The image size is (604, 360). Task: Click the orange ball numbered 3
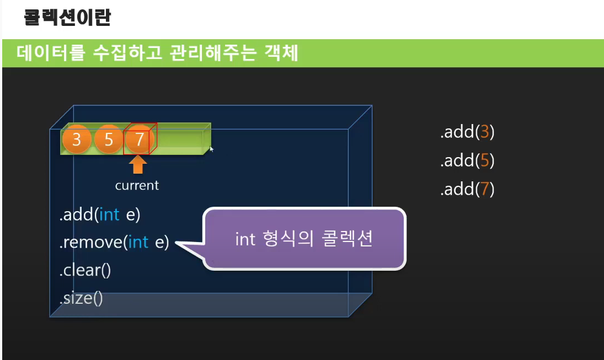point(76,139)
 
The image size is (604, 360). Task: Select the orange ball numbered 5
point(108,139)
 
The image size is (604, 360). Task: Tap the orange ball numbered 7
point(139,139)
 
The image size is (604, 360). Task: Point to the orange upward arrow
point(137,165)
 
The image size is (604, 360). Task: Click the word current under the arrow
point(137,185)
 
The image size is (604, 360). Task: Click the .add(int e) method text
point(100,214)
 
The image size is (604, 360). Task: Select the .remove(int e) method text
point(114,242)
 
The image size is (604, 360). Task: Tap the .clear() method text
point(85,270)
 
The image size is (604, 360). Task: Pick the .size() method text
point(81,298)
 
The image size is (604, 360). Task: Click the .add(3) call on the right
point(467,132)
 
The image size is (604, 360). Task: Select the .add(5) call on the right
point(467,160)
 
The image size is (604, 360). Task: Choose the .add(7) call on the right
point(467,189)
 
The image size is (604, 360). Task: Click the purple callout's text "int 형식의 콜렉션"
point(304,240)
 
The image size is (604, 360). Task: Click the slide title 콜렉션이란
point(67,18)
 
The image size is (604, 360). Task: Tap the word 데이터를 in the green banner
point(51,53)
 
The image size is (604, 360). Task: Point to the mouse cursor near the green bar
point(211,148)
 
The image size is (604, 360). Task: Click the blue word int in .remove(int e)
point(138,242)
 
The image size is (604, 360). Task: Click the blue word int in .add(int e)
point(110,214)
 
